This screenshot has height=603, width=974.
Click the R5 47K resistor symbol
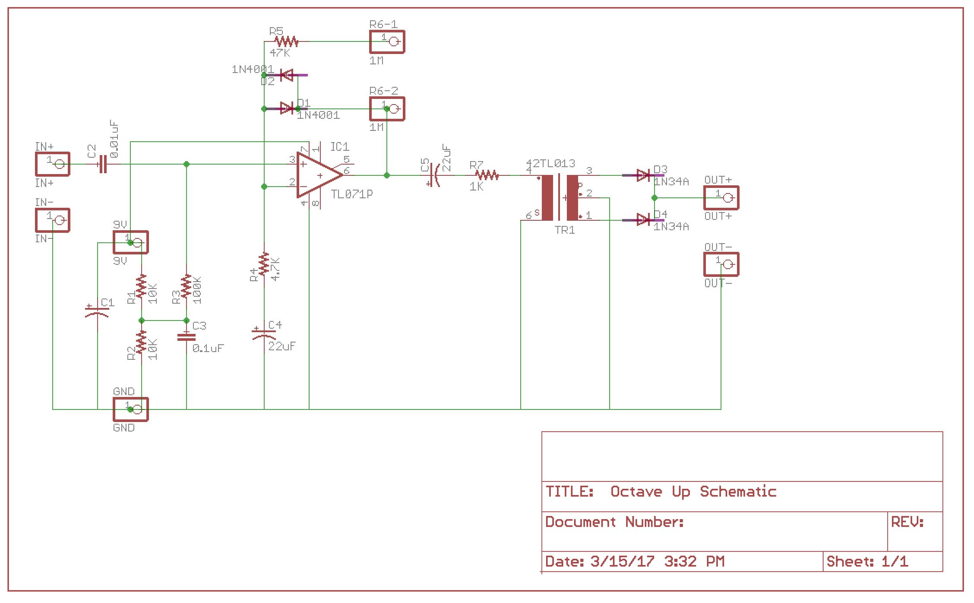click(287, 41)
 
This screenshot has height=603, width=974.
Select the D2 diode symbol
click(287, 76)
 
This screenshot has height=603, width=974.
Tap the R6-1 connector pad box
click(387, 42)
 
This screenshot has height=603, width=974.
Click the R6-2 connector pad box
click(387, 109)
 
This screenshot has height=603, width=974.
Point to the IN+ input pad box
click(52, 164)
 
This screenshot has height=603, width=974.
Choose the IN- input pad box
click(52, 220)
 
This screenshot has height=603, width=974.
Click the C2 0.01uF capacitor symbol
click(103, 164)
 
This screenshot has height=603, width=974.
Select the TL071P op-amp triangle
click(319, 175)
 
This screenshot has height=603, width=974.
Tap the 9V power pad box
click(130, 242)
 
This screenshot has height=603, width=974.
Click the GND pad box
click(130, 409)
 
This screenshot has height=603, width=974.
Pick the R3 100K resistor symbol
click(186, 286)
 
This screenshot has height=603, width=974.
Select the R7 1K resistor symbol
click(487, 175)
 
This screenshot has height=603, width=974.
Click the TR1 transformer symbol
click(560, 198)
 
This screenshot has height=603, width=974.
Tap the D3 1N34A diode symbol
click(643, 175)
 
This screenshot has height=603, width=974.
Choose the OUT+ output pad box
click(721, 198)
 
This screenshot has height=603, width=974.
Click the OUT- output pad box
click(721, 264)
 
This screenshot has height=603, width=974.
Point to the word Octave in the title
click(636, 492)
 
